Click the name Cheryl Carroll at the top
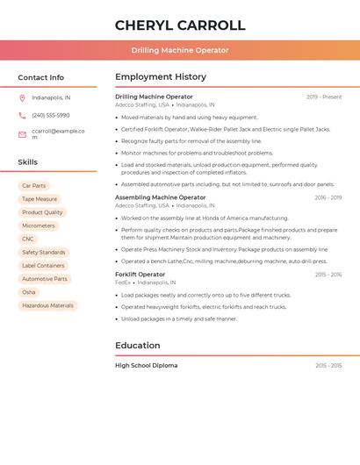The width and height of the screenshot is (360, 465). [180, 25]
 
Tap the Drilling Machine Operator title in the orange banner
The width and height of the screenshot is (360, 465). [180, 50]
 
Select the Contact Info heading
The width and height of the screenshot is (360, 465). [40, 77]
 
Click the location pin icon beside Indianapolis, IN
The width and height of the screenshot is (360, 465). [22, 97]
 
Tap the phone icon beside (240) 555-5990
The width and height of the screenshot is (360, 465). [22, 115]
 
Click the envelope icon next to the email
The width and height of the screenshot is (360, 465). [22, 134]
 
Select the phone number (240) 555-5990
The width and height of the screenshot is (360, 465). [50, 115]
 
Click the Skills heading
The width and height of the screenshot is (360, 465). [27, 162]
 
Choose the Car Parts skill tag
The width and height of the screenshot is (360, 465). [33, 186]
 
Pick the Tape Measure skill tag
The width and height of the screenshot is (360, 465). [40, 199]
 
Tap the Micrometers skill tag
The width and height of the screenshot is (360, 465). [38, 225]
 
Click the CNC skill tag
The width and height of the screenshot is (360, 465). [28, 239]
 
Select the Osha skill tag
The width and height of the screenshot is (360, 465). [29, 292]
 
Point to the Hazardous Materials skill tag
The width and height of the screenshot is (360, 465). [47, 305]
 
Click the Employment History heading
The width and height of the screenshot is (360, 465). [161, 77]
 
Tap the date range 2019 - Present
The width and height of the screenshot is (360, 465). [324, 97]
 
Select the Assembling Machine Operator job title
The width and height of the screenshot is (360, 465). [160, 197]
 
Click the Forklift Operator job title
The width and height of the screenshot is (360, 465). [140, 275]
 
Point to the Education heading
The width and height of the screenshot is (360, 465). [138, 345]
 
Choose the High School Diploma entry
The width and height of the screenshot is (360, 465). [146, 365]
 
